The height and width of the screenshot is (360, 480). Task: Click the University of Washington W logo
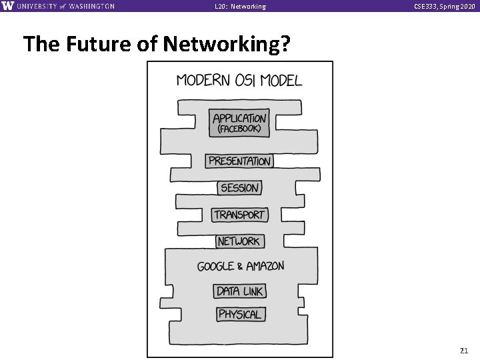point(7,6)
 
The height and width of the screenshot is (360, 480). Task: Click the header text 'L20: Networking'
point(240,7)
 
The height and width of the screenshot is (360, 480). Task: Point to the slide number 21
point(464,350)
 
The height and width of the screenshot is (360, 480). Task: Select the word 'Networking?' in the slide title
point(236,45)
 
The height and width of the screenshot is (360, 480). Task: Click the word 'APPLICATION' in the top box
point(239,118)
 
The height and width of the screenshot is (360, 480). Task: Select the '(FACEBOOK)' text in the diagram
point(239,129)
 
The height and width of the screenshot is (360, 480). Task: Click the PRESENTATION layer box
point(239,161)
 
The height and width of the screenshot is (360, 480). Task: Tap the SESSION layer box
point(239,188)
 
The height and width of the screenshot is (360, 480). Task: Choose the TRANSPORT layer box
point(239,215)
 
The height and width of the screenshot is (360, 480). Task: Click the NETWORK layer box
point(239,241)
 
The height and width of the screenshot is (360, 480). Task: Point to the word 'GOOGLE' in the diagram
point(215,266)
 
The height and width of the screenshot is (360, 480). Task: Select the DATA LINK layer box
point(239,291)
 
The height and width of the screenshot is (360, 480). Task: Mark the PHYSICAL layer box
point(239,314)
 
